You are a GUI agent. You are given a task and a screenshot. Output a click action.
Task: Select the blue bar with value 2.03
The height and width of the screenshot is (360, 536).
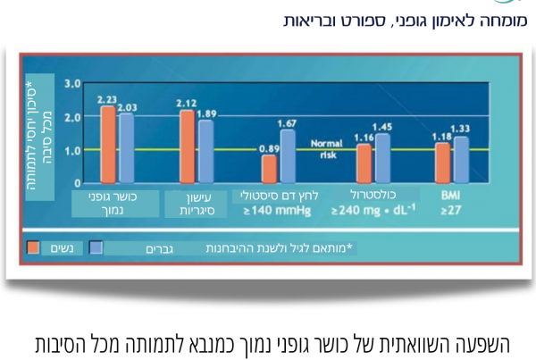click(x=126, y=148)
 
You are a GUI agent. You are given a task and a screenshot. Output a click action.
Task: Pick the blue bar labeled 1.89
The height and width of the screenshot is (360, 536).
click(x=205, y=151)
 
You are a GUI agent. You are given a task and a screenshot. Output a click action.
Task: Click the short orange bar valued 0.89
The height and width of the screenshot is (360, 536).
click(x=269, y=168)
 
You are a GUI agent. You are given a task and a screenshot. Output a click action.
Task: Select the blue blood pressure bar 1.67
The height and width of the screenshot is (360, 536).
click(x=287, y=155)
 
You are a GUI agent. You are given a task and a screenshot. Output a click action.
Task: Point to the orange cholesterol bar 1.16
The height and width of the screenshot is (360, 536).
click(x=364, y=163)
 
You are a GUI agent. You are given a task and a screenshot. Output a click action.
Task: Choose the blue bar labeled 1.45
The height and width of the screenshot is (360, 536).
click(x=382, y=158)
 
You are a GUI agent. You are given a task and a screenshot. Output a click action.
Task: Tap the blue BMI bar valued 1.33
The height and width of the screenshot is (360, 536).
click(x=461, y=159)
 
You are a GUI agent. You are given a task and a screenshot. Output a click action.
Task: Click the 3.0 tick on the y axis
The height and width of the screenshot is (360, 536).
click(x=72, y=83)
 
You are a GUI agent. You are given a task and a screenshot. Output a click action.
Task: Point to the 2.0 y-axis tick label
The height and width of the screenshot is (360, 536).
click(x=72, y=117)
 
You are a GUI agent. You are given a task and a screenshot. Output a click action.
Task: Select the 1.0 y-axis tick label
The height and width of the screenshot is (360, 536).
click(x=72, y=150)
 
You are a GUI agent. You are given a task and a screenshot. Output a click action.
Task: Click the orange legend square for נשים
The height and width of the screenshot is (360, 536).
click(x=34, y=247)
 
